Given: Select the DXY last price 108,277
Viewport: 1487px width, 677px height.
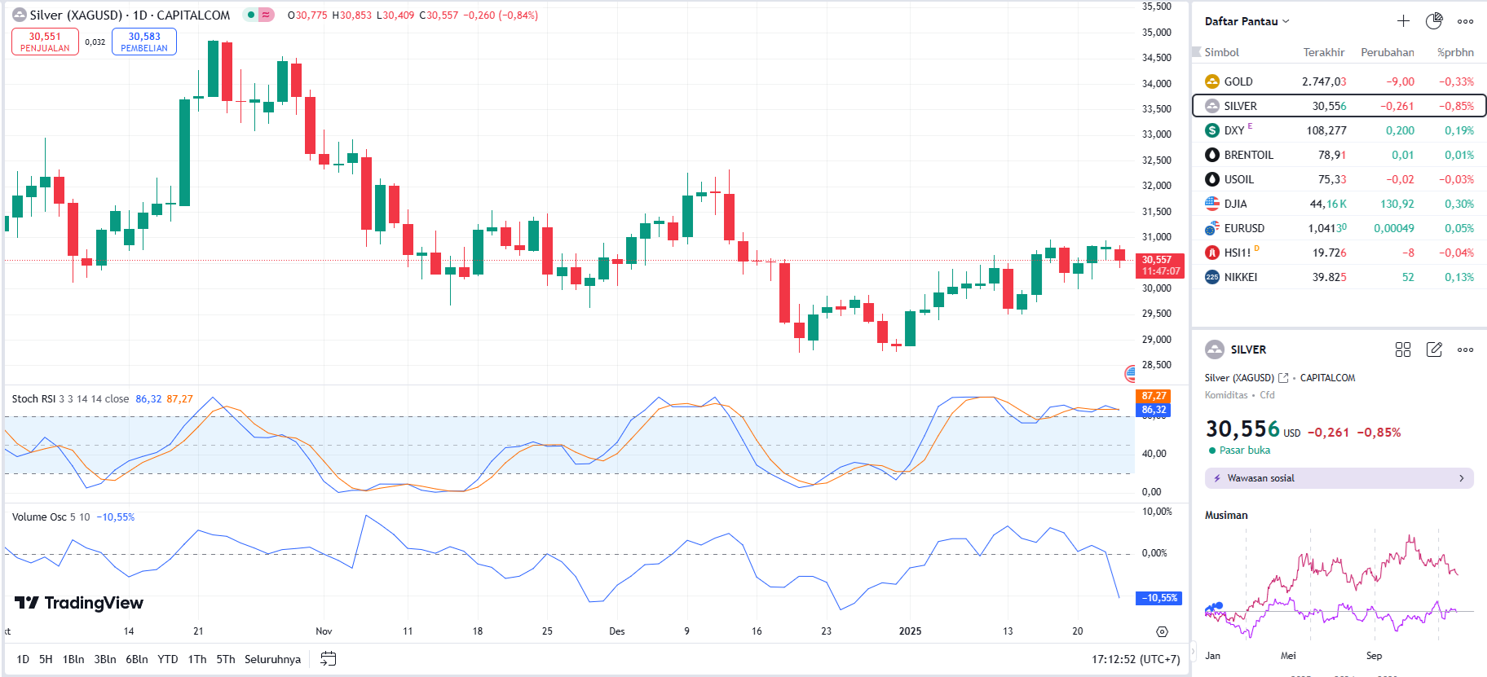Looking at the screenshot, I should (1326, 130).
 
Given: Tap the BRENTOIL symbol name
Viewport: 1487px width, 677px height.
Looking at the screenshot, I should (1248, 155).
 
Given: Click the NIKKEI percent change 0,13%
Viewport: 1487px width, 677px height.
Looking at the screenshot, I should (1458, 277).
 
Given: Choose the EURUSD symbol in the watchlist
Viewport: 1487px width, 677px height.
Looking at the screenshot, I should (1244, 228).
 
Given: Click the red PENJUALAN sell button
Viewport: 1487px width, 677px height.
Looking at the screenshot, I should (45, 42).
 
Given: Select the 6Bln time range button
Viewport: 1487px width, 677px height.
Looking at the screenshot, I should (137, 659).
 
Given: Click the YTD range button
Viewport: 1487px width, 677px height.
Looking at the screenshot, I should (167, 659).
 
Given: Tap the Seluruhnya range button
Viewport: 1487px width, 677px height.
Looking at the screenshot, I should (272, 659).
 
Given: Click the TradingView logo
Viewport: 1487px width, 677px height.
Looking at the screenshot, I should (79, 603).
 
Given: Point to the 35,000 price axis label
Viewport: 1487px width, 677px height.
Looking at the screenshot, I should (1156, 33).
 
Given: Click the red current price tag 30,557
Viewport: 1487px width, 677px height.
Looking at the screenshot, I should (1159, 266).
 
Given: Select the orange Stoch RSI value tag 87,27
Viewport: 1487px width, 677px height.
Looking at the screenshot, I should (1154, 396).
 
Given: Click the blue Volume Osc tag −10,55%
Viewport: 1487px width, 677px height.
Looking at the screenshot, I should (1159, 598).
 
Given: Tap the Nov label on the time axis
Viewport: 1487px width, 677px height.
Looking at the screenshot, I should (324, 631).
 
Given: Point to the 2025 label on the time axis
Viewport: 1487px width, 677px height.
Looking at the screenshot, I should (910, 631).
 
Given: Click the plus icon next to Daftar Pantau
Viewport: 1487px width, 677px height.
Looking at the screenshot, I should (1403, 21).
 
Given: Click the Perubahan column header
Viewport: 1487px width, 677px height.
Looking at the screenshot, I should (1387, 52).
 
